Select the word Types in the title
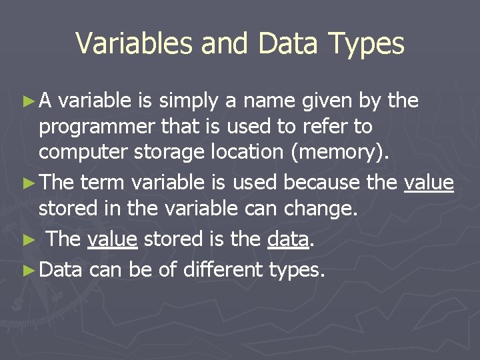[367, 44]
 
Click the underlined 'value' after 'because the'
[429, 182]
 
